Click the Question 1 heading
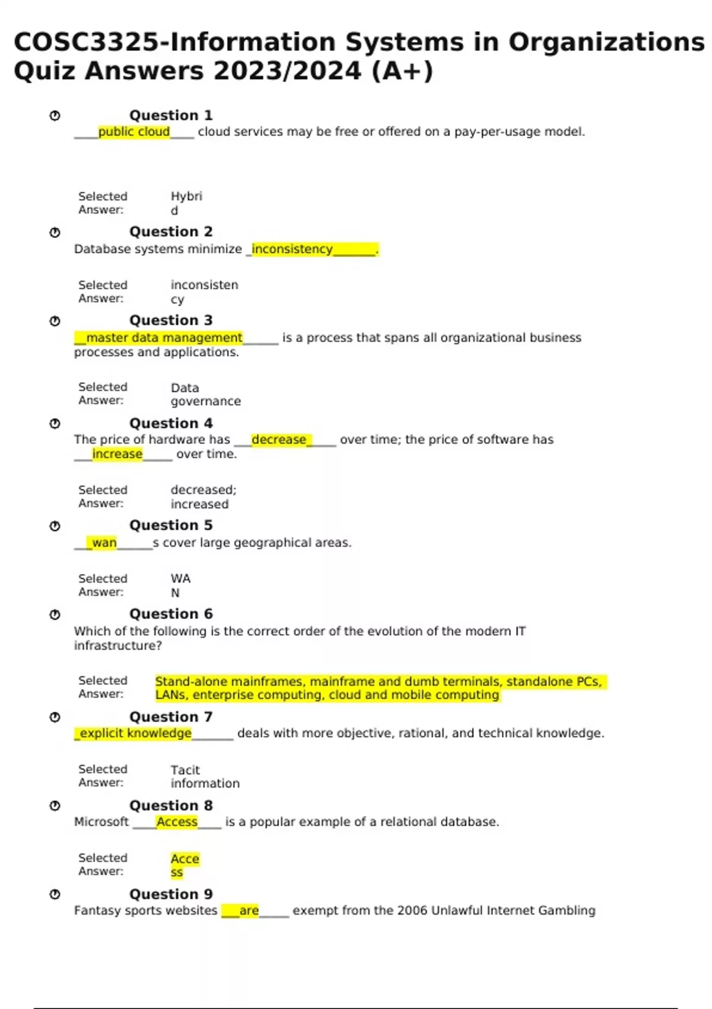point(171,115)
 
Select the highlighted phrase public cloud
point(134,132)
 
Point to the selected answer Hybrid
point(186,203)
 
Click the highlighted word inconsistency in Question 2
point(292,249)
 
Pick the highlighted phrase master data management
point(164,338)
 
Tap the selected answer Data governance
point(205,395)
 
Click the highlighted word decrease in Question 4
point(279,440)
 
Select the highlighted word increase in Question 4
point(117,454)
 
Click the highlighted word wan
point(104,542)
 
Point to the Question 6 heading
point(171,614)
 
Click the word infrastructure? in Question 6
point(117,646)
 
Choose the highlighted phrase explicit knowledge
point(135,734)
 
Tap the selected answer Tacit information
point(205,777)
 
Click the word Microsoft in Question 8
point(101,822)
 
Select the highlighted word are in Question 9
point(249,910)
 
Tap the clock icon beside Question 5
point(55,526)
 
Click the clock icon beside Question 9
point(55,894)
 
